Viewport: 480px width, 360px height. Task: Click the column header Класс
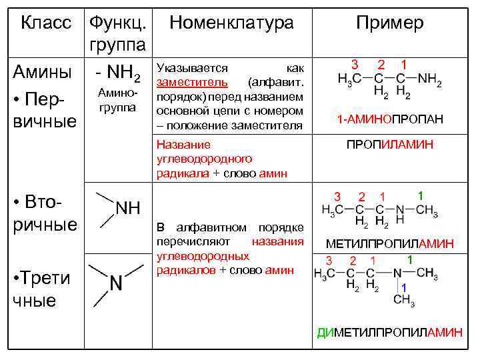[x=46, y=23]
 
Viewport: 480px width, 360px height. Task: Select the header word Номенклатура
[x=231, y=23]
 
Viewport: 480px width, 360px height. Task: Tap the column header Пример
[x=389, y=23]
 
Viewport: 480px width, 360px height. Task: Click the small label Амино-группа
[x=117, y=99]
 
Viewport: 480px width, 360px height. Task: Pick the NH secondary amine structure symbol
[x=128, y=208]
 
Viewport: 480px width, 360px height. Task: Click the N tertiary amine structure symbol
[x=115, y=284]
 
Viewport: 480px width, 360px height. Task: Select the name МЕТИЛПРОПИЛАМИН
[x=390, y=244]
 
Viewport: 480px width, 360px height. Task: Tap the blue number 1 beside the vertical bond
[x=403, y=287]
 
